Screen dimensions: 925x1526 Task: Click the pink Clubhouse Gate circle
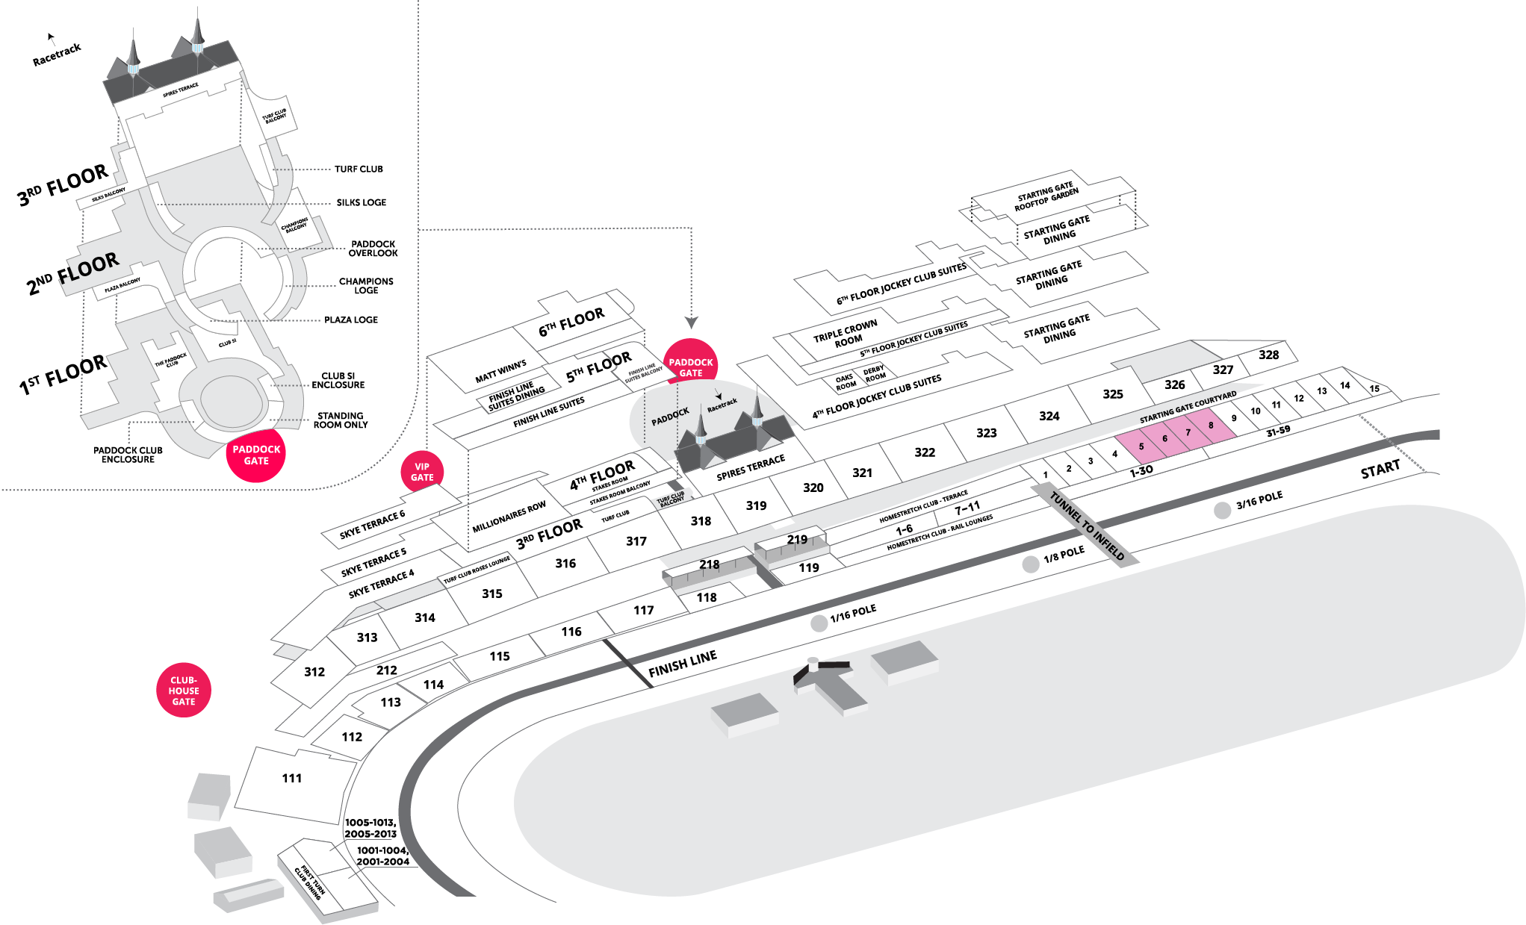(x=183, y=691)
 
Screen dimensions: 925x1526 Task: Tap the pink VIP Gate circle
(x=422, y=472)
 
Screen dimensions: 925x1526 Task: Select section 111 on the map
(x=292, y=778)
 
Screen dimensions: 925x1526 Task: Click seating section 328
(x=1268, y=355)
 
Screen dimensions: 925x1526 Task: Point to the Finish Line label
(x=682, y=663)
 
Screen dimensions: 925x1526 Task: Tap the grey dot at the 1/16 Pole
(x=819, y=623)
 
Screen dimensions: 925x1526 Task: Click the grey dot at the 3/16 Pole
(x=1222, y=511)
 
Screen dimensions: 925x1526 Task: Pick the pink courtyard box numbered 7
(x=1188, y=432)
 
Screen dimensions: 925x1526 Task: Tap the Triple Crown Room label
(x=846, y=334)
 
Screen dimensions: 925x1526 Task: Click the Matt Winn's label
(x=500, y=371)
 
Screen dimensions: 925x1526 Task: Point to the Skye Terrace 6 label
(x=372, y=524)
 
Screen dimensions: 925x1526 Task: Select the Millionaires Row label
(x=509, y=517)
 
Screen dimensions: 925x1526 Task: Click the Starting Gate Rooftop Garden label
(x=1046, y=196)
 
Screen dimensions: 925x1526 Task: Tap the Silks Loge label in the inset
(x=361, y=202)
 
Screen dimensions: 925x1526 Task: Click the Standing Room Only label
(x=340, y=420)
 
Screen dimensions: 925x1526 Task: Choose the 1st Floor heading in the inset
(x=63, y=375)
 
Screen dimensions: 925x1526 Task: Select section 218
(x=709, y=564)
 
